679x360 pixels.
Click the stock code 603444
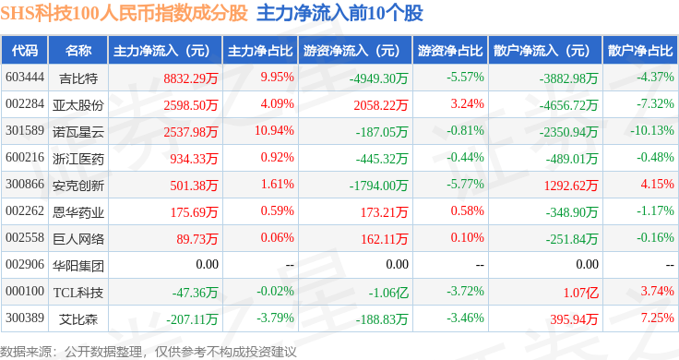click(25, 78)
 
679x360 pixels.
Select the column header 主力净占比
click(260, 51)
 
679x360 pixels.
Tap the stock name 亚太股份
click(78, 105)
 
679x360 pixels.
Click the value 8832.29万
click(191, 78)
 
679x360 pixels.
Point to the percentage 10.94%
click(274, 130)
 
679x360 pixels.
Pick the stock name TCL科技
click(78, 293)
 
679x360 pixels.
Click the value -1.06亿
click(388, 293)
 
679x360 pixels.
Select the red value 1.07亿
click(580, 293)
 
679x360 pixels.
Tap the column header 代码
click(25, 51)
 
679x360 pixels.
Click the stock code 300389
click(25, 318)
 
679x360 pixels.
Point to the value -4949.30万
click(379, 78)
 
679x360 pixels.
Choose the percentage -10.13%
click(652, 130)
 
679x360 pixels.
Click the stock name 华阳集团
click(78, 266)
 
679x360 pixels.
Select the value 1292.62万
click(571, 186)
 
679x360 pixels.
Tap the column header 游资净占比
click(450, 51)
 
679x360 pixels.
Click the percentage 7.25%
click(658, 318)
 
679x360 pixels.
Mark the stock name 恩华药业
click(78, 212)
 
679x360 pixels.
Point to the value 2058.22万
click(381, 105)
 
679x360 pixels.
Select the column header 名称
click(78, 51)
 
